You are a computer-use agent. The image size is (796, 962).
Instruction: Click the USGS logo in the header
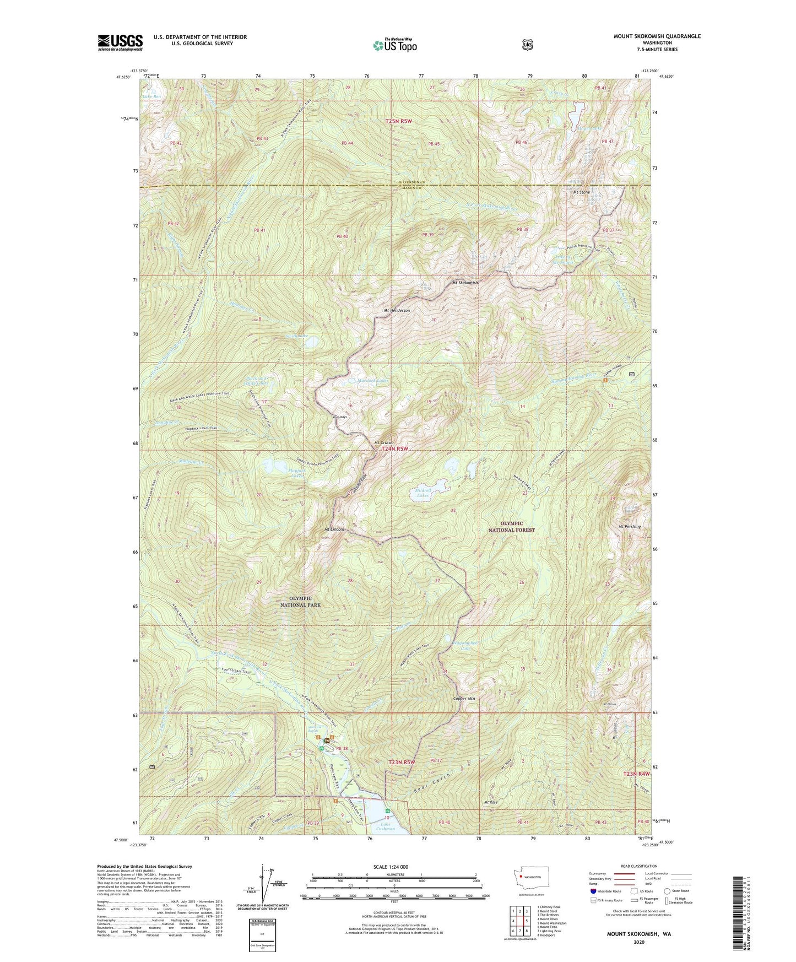point(120,42)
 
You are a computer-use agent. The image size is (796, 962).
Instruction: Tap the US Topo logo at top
point(394,45)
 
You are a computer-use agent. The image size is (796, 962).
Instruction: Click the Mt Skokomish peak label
point(465,283)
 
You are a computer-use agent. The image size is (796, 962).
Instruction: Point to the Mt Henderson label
point(397,310)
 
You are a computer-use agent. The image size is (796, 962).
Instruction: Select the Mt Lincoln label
point(335,529)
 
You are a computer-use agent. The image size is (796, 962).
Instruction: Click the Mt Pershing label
point(630,526)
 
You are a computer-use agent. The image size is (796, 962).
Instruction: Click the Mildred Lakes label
point(423,493)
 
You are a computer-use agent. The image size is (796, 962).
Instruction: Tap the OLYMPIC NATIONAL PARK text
point(300,601)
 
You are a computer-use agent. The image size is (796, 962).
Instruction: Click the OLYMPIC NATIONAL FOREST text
point(512,526)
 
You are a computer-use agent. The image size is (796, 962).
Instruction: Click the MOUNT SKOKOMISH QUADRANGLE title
point(657,36)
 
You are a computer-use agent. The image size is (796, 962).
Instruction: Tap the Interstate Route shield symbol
point(593,891)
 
